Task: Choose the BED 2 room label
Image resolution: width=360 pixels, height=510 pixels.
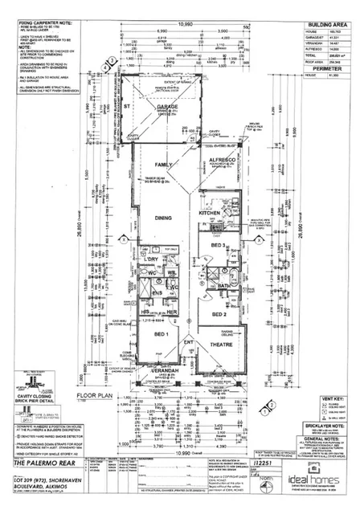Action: pyautogui.click(x=218, y=315)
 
